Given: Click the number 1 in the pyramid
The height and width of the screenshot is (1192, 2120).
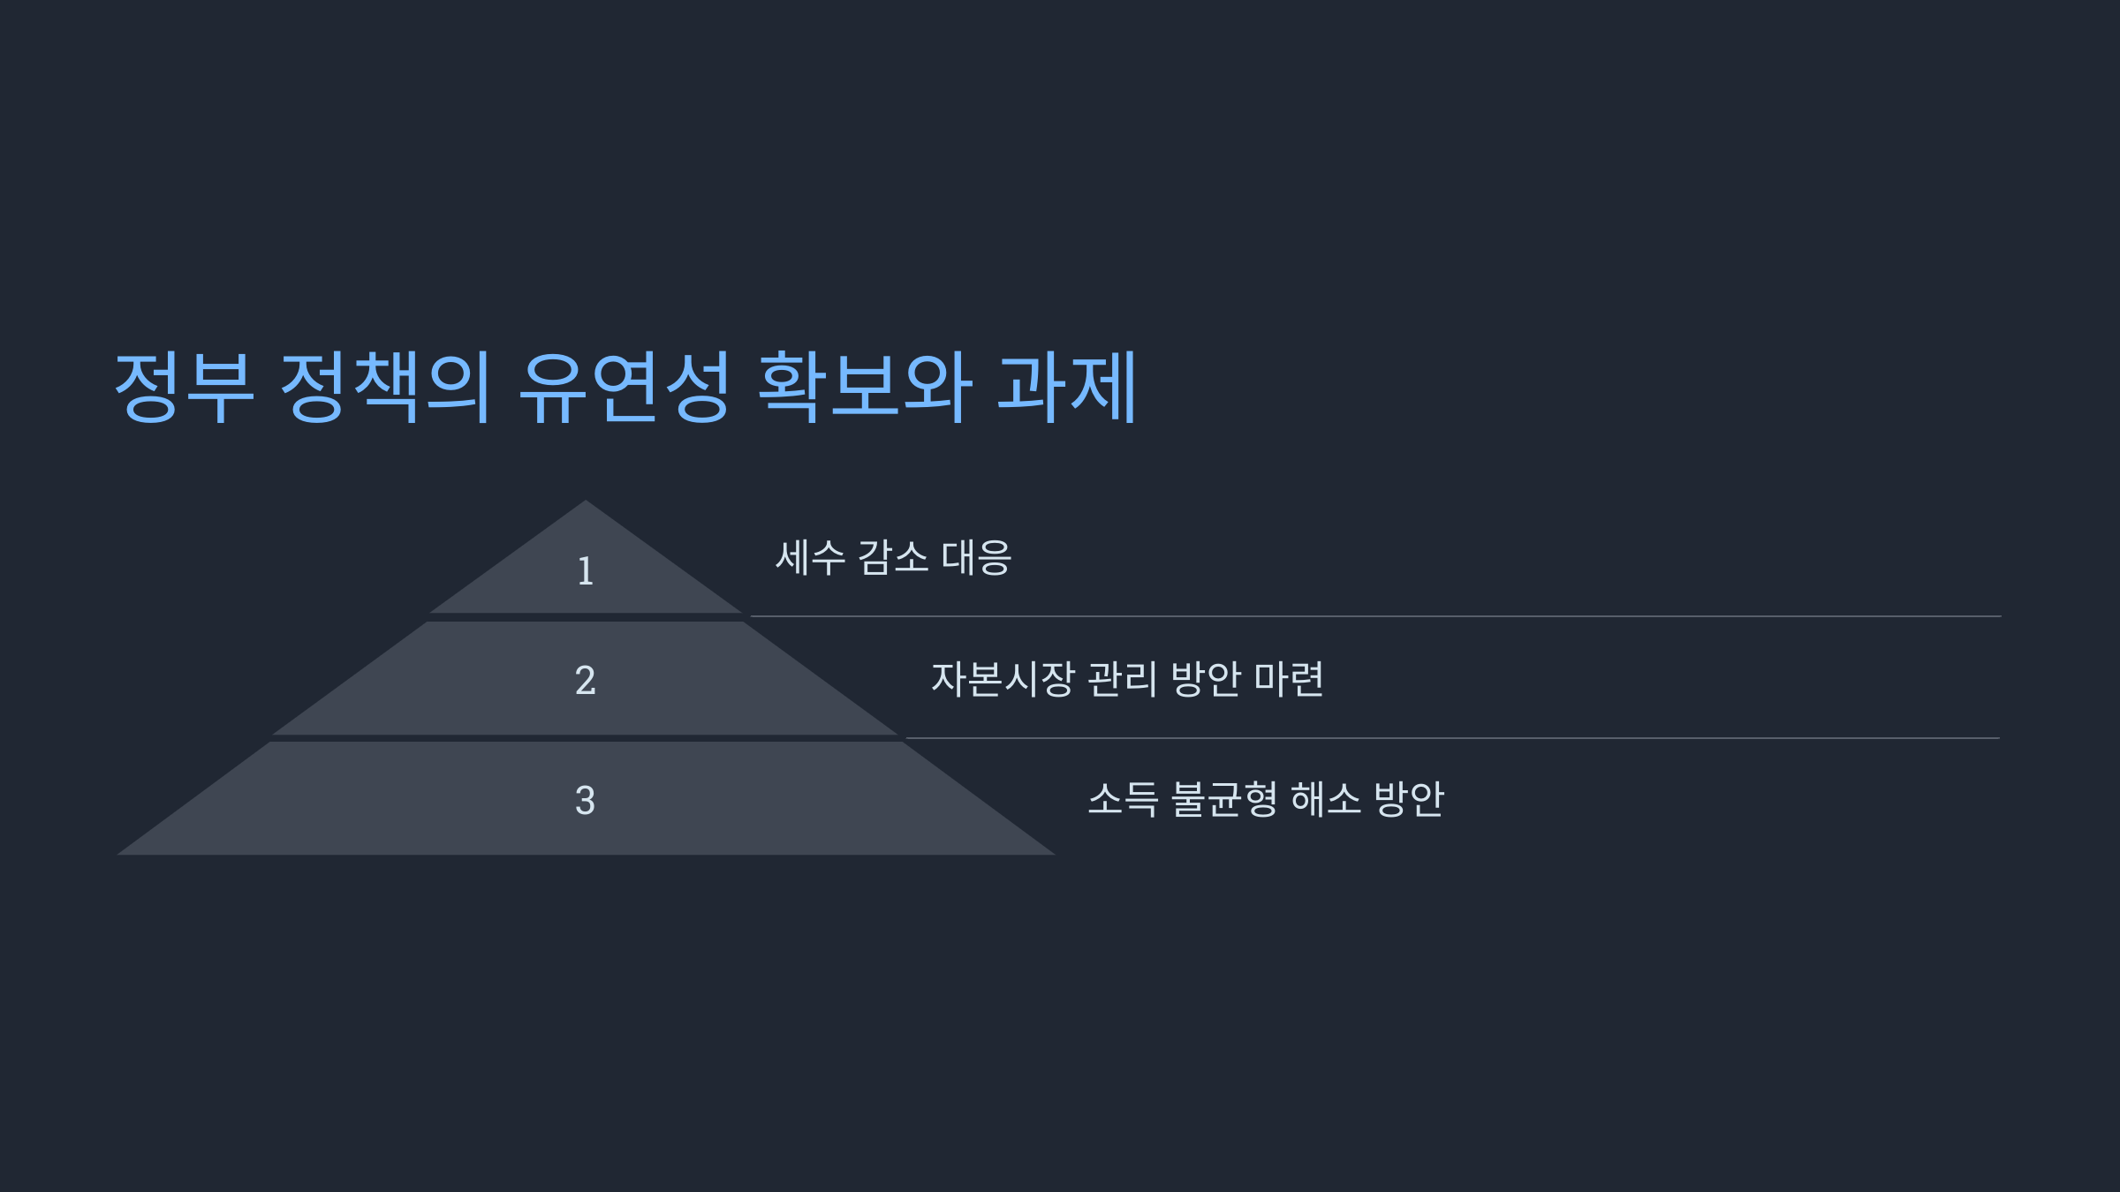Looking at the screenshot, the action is (585, 571).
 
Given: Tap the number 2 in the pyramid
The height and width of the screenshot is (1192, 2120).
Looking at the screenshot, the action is (585, 681).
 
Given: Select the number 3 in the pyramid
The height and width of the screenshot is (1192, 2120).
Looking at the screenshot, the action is (585, 801).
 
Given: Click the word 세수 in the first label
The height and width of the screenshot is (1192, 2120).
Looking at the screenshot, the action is (810, 558).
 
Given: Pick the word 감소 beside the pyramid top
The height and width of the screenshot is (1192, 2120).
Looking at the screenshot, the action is (893, 558).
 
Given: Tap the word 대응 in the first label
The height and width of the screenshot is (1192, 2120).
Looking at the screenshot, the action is (976, 558).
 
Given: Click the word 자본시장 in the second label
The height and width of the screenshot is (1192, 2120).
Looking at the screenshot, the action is (1003, 679).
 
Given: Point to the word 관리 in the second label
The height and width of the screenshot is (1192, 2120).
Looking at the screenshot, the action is (1121, 679).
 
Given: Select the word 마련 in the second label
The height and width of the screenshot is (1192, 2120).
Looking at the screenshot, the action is (1289, 679).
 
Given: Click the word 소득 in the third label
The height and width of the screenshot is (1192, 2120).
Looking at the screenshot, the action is (1122, 800).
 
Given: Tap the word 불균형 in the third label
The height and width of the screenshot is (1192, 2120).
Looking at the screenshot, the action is (1223, 800).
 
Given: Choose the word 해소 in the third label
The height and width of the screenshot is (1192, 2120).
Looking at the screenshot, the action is (1325, 800).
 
